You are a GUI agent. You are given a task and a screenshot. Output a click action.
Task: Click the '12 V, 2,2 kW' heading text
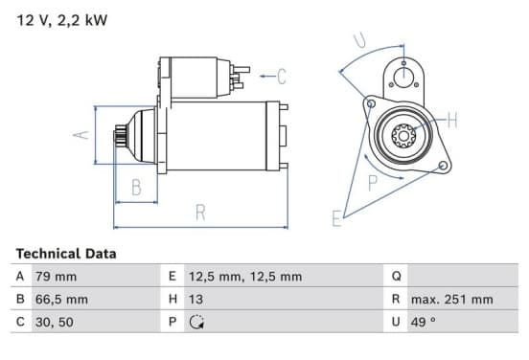pyautogui.click(x=62, y=20)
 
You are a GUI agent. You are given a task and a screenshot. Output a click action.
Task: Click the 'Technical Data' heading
pyautogui.click(x=66, y=254)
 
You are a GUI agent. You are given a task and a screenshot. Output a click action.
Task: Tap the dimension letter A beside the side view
pyautogui.click(x=80, y=135)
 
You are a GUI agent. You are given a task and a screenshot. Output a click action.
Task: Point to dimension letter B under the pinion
pyautogui.click(x=136, y=187)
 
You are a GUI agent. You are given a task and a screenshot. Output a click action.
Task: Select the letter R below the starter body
pyautogui.click(x=200, y=213)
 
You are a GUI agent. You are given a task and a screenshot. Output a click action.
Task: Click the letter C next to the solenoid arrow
pyautogui.click(x=282, y=77)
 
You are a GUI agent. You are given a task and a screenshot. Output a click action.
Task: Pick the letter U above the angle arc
pyautogui.click(x=359, y=40)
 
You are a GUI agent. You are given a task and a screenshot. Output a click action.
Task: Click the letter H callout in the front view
pyautogui.click(x=452, y=120)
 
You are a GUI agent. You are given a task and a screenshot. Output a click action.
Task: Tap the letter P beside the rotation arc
pyautogui.click(x=373, y=183)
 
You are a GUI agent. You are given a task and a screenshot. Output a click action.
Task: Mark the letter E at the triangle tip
pyautogui.click(x=336, y=218)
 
